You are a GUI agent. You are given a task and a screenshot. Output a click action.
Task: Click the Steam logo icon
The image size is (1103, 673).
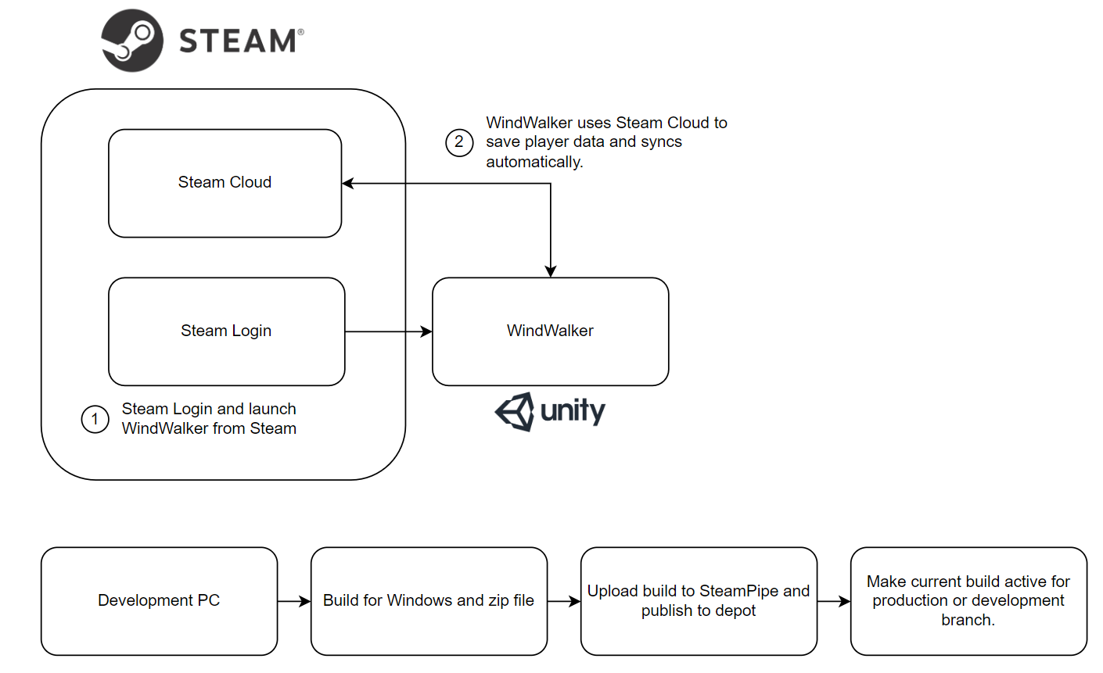point(132,41)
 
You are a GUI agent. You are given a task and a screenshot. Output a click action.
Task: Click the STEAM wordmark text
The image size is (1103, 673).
point(239,41)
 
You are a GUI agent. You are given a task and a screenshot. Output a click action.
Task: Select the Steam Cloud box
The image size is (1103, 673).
point(225,183)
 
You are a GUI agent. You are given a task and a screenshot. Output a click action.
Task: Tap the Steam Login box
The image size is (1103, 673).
point(226,331)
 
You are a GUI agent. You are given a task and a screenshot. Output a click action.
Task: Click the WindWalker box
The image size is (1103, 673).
point(550,331)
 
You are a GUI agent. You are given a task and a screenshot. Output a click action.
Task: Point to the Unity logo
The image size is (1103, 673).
point(550,411)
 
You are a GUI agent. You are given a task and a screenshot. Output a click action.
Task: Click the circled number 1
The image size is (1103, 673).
point(95,419)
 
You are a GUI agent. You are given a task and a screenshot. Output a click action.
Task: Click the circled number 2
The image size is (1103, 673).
point(459,142)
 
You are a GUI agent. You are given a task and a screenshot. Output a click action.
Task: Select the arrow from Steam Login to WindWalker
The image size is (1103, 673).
point(388,331)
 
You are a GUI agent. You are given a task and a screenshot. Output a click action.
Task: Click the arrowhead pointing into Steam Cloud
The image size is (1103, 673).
point(349,184)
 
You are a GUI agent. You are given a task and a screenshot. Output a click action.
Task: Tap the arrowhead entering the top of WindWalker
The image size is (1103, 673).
point(551,270)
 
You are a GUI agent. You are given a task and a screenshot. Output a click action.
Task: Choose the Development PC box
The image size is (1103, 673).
point(159,601)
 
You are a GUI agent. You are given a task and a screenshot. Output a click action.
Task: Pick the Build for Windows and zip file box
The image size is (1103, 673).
point(429,601)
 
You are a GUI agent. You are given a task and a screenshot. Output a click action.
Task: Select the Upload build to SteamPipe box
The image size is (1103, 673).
point(699,601)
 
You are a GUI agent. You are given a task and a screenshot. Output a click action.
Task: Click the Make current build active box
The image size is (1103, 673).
point(968,601)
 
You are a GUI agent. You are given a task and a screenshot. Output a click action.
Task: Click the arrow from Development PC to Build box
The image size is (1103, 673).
point(294,601)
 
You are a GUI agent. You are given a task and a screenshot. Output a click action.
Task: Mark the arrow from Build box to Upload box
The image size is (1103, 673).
point(564,601)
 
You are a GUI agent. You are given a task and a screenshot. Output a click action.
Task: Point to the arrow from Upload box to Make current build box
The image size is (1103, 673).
point(834,601)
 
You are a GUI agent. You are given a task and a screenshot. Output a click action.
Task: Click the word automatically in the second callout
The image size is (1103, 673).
point(534,163)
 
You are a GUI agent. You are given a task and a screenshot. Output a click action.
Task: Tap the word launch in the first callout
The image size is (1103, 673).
point(271,409)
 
